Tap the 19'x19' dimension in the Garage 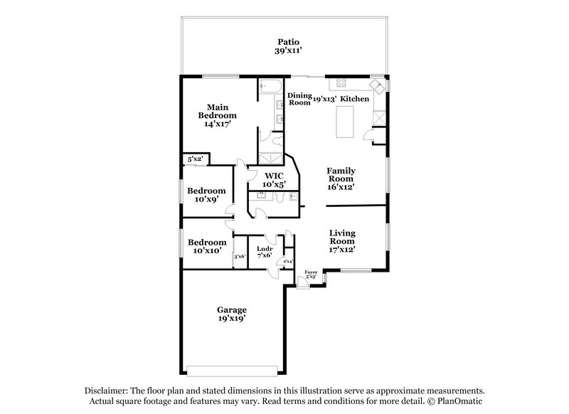[232, 319]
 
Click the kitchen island [346, 118]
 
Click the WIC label [275, 176]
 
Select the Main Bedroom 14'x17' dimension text [217, 124]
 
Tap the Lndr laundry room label [265, 248]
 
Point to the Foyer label [311, 272]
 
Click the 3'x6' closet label [240, 256]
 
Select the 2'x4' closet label [288, 261]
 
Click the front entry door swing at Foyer [303, 282]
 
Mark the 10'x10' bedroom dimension [206, 250]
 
